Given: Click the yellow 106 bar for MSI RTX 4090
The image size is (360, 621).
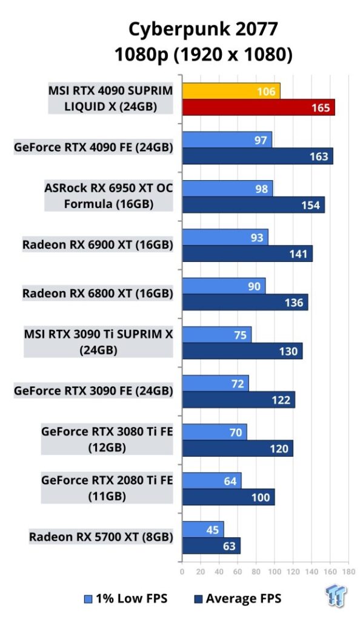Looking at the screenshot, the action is [231, 91].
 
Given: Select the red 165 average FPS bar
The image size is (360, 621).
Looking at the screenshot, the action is [258, 107].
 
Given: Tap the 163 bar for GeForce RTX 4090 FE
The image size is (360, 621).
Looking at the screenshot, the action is [258, 156].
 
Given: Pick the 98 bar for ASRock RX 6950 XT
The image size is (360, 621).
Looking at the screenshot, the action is [227, 189].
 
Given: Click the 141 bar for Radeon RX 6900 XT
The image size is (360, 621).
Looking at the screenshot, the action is [247, 253].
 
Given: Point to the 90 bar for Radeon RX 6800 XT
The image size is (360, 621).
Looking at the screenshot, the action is [224, 286].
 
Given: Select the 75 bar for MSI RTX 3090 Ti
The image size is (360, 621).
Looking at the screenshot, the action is [217, 335].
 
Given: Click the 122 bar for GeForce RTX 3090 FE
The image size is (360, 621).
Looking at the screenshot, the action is [239, 400].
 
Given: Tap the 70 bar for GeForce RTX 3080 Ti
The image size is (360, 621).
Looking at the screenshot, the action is [215, 432].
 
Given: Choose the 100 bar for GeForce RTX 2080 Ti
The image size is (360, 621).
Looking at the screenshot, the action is [228, 497].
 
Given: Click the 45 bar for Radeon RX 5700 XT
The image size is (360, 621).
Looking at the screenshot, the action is [203, 529].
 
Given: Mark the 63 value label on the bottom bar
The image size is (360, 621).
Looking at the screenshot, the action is [229, 546].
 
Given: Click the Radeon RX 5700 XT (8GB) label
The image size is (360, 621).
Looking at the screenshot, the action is [101, 537].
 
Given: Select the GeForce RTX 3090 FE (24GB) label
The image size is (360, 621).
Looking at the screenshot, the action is [93, 391].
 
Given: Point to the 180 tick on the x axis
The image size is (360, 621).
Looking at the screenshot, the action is [349, 571].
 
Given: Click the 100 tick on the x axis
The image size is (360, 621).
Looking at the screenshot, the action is [275, 571].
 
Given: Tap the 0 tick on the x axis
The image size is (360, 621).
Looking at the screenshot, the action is [182, 571].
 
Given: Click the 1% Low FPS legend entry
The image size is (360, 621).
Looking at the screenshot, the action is [126, 599].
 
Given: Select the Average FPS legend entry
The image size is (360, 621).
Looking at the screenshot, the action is [238, 599].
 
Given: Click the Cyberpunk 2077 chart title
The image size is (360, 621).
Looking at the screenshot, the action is [204, 29].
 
